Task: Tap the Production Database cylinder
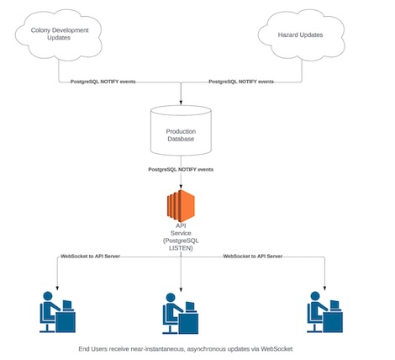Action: tap(181, 134)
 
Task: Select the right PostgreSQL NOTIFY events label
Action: tap(240, 82)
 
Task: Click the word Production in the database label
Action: tap(181, 132)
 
